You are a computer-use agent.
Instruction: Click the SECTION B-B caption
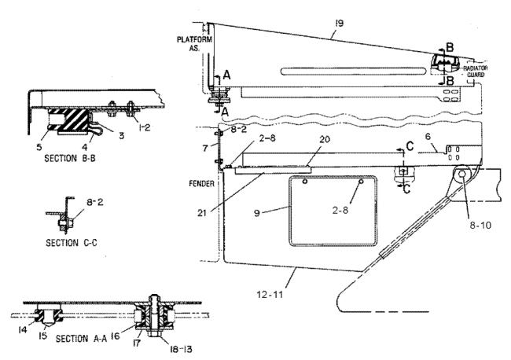(70, 158)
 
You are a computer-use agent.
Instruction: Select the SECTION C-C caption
(71, 243)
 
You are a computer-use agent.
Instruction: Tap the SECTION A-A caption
(81, 339)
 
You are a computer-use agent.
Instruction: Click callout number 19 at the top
(339, 23)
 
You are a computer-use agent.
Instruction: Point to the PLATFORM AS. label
(194, 44)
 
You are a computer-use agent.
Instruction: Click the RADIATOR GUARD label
(476, 72)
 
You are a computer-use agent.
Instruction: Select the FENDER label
(202, 184)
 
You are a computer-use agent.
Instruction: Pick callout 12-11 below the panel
(270, 295)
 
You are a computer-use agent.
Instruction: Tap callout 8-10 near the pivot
(480, 225)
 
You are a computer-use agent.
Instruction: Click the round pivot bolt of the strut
(461, 174)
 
